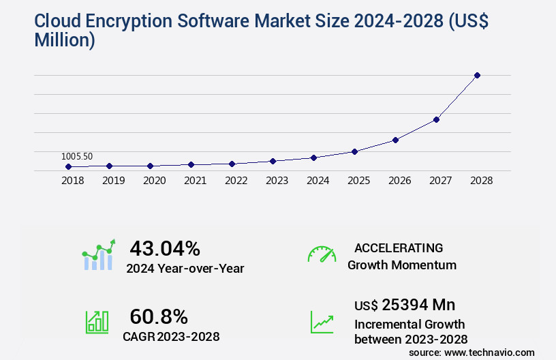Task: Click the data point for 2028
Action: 477,75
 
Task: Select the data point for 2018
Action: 68,166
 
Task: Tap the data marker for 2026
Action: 395,140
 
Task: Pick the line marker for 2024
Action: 313,157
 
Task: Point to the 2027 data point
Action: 436,119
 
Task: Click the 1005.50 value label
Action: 76,156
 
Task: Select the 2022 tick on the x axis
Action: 236,181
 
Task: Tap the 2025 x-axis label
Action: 358,181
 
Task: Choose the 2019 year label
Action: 113,181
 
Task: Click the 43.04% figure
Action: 165,248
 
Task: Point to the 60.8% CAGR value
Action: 159,316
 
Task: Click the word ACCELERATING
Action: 399,248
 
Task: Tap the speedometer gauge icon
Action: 322,254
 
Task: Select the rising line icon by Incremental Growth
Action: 322,322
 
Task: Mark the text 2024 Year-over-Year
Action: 185,268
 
